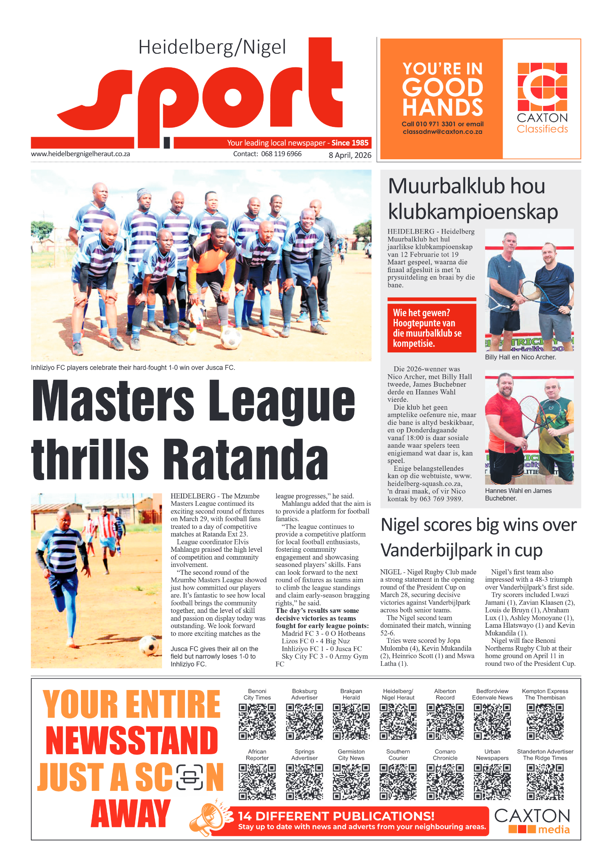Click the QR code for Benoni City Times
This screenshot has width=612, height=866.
(257, 721)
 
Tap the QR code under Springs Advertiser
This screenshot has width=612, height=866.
(304, 782)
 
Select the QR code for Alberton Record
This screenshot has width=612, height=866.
(445, 721)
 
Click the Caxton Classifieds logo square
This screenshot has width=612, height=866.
(542, 87)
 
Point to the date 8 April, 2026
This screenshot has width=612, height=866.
(350, 155)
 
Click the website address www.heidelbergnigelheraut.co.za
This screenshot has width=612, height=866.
(81, 154)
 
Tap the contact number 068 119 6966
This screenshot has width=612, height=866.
(281, 154)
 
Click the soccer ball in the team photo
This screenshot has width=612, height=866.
(231, 338)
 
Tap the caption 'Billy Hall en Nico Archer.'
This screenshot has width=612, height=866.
(520, 357)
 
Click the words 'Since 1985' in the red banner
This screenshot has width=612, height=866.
(350, 143)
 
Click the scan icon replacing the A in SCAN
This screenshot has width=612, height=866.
(190, 777)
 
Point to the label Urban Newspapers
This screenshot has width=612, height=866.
(492, 755)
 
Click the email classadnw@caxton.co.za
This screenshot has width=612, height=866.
(443, 132)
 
